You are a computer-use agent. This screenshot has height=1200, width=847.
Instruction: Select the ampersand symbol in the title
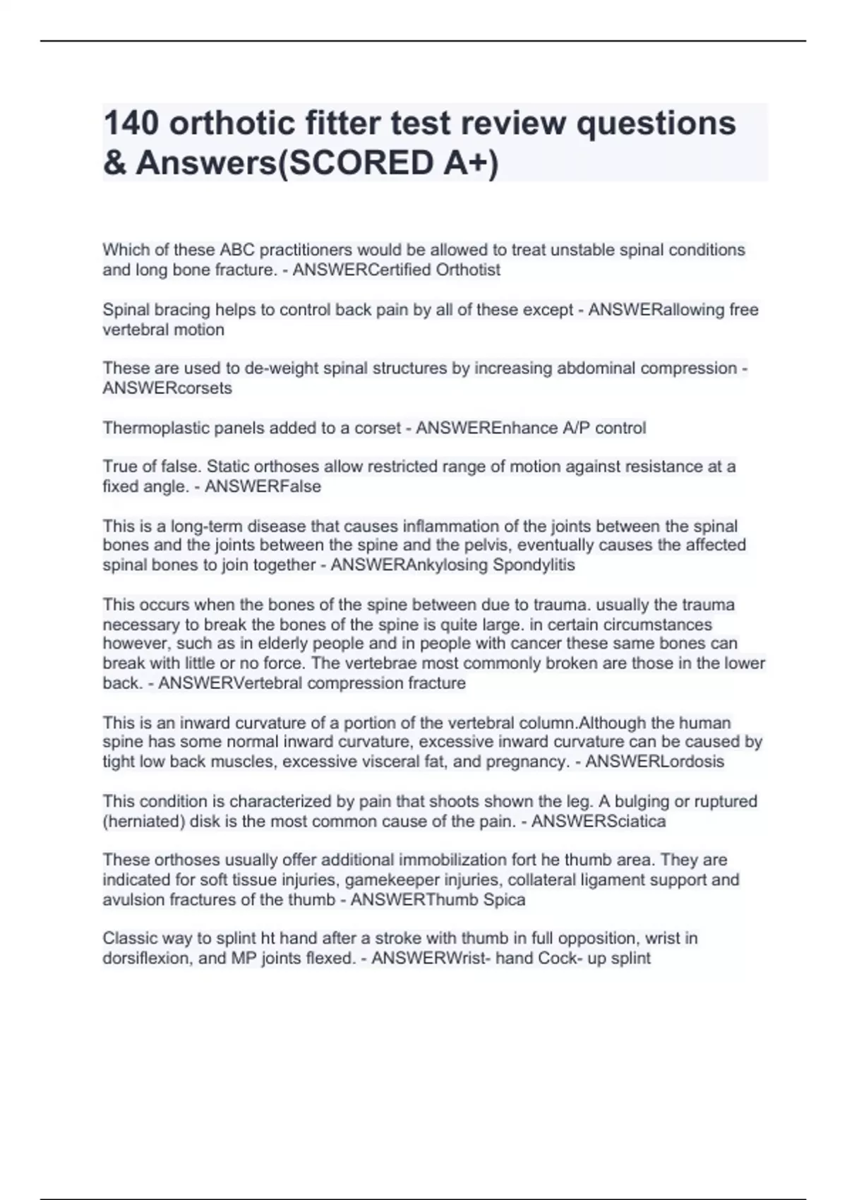pyautogui.click(x=114, y=163)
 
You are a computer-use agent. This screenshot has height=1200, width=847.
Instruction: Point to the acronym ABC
pyautogui.click(x=240, y=250)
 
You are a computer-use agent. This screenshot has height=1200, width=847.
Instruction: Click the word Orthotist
pyautogui.click(x=468, y=270)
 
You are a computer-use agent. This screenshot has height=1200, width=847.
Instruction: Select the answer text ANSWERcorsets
pyautogui.click(x=167, y=388)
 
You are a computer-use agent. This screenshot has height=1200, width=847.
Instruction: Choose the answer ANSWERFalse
pyautogui.click(x=263, y=486)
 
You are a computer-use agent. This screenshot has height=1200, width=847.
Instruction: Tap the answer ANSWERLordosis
pyautogui.click(x=654, y=762)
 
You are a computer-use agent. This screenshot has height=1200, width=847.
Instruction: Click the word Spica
pyautogui.click(x=504, y=899)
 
